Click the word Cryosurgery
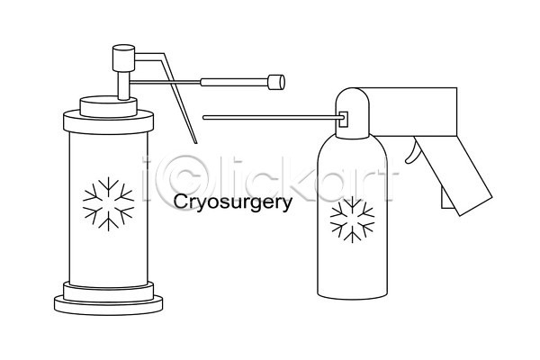pyautogui.click(x=233, y=202)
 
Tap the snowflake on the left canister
pyautogui.click(x=109, y=204)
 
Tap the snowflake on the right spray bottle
pyautogui.click(x=352, y=220)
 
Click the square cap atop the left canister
pyautogui.click(x=123, y=58)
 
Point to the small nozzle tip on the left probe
pyautogui.click(x=276, y=82)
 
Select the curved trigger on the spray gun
pyautogui.click(x=412, y=153)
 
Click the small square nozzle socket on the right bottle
pyautogui.click(x=344, y=119)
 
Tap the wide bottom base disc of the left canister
pyautogui.click(x=109, y=305)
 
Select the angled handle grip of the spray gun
pyautogui.click(x=454, y=175)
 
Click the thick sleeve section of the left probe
pyautogui.click(x=234, y=82)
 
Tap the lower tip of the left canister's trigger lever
pyautogui.click(x=196, y=142)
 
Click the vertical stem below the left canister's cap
pyautogui.click(x=123, y=85)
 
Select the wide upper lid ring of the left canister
pyautogui.click(x=109, y=121)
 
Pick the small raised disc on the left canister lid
pyautogui.click(x=109, y=107)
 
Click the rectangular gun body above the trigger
pyautogui.click(x=413, y=112)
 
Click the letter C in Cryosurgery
pyautogui.click(x=180, y=202)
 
